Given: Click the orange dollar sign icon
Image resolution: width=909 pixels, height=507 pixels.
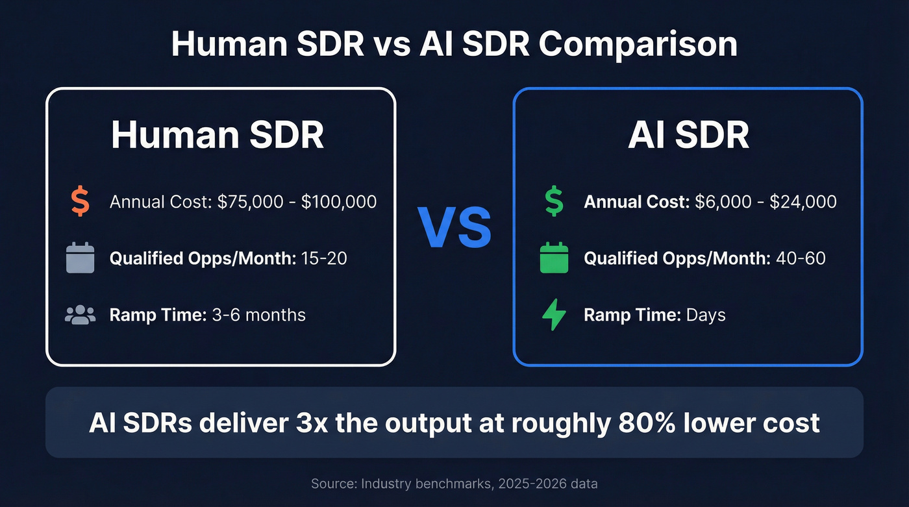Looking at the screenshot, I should tap(80, 202).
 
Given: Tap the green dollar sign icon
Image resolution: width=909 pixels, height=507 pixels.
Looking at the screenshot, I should tap(554, 202).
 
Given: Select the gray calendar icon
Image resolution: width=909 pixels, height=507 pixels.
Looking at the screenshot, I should tap(80, 258).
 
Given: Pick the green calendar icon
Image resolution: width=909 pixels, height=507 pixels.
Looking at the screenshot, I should tap(554, 258).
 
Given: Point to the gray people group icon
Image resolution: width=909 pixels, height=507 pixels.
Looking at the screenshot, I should tap(80, 315).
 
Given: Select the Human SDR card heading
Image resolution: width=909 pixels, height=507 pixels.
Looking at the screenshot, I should tap(218, 135).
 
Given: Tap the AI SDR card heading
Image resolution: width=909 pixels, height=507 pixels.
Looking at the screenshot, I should tap(688, 135).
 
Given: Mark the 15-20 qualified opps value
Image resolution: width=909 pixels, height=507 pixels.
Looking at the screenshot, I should tap(323, 258).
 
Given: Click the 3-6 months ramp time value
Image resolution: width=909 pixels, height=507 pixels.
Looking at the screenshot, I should tap(258, 315).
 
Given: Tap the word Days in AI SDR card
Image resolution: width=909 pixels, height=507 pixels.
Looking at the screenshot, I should tap(705, 315).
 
